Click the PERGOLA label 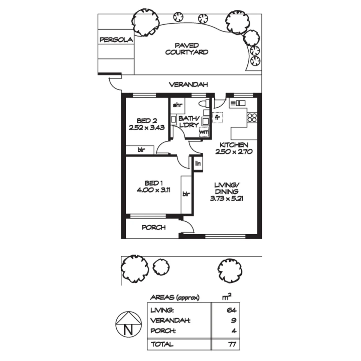[116, 40]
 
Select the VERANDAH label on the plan [189, 85]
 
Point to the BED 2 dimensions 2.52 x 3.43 [147, 127]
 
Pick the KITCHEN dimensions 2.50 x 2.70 [234, 151]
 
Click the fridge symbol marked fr [218, 118]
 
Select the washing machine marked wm [204, 131]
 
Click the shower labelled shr [177, 105]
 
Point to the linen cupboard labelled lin [198, 164]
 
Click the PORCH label [154, 228]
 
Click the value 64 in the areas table [231, 310]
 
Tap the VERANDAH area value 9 [234, 321]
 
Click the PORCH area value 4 [234, 331]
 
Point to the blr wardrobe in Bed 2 [141, 150]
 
